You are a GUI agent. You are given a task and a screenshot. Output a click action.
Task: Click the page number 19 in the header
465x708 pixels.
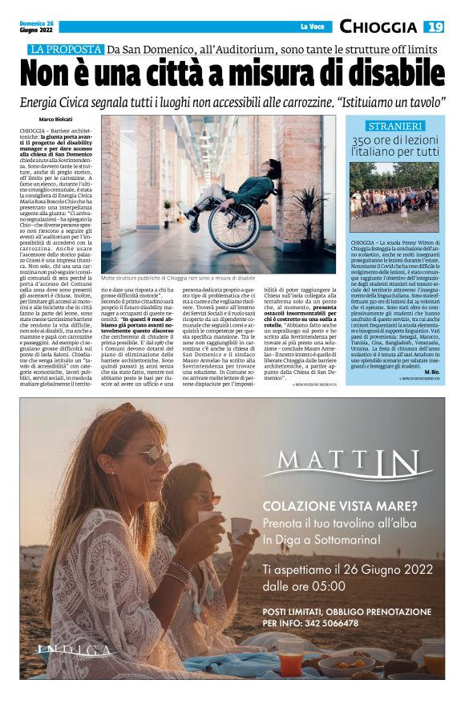pyautogui.click(x=435, y=26)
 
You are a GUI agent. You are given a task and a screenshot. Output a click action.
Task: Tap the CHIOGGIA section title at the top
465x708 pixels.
pyautogui.click(x=378, y=26)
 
